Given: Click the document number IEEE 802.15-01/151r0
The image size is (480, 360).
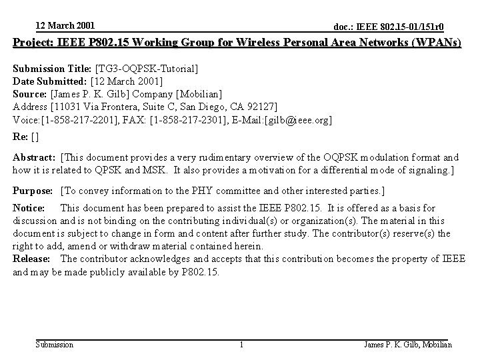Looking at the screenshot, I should coord(389,27).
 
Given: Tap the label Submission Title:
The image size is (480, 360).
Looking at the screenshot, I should coord(53,69).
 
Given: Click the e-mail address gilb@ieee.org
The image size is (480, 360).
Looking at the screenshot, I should coord(300,119).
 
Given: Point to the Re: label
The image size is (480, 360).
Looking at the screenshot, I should coord(21,137).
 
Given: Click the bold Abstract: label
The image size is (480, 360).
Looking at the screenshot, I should coord(35,158).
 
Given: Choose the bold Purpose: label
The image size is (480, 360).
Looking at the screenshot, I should coord(34,191).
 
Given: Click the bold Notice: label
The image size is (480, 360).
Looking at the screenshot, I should coord(29,209).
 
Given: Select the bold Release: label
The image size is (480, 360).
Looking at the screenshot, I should coord(31,259).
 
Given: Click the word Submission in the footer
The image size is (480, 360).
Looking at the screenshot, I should coord(55,345).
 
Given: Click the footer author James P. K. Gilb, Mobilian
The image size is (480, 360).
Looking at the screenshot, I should coord(408,345).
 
